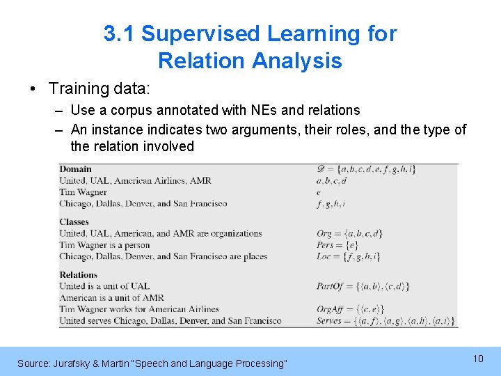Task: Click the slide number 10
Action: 478,358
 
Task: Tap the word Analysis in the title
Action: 297,61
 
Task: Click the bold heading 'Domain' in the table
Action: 75,169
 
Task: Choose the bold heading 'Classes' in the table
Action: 74,222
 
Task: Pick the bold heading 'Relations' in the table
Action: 79,274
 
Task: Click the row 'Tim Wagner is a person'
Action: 104,245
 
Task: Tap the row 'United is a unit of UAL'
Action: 104,286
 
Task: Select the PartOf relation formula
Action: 363,286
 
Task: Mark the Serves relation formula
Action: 385,321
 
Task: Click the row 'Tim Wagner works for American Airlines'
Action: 139,309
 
